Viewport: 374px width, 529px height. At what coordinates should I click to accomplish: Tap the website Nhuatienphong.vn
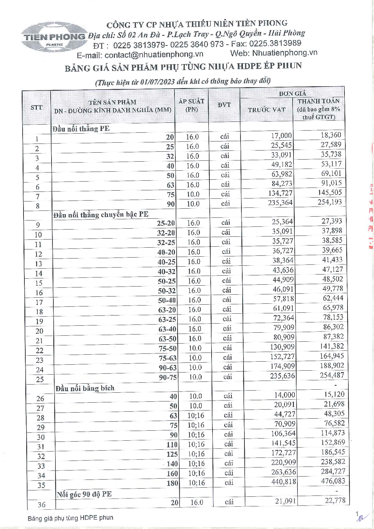[284, 53]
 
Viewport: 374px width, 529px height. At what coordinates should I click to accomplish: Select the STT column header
[36, 107]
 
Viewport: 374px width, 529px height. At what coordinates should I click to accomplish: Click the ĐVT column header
[224, 105]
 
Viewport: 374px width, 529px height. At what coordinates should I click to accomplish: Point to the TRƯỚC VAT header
[266, 110]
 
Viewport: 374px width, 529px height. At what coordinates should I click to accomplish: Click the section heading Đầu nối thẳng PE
[81, 129]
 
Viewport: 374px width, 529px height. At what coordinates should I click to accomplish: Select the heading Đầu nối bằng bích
[85, 388]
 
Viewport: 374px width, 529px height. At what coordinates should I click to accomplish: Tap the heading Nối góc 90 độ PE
[84, 494]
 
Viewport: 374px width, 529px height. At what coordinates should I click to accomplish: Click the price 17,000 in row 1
[281, 136]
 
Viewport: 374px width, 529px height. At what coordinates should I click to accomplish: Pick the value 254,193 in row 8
[330, 202]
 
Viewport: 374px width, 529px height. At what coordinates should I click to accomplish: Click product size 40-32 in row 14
[166, 271]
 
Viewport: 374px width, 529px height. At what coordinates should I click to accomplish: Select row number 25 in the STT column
[40, 379]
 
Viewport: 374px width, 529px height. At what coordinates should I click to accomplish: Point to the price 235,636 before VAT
[282, 376]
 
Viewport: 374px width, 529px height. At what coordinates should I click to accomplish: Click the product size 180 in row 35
[172, 483]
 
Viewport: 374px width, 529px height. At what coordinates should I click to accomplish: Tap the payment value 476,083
[333, 481]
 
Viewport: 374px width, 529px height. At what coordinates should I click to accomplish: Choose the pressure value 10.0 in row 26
[196, 396]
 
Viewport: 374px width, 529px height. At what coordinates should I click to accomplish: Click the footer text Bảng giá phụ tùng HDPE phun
[71, 518]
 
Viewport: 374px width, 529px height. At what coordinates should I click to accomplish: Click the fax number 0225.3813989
[275, 43]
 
